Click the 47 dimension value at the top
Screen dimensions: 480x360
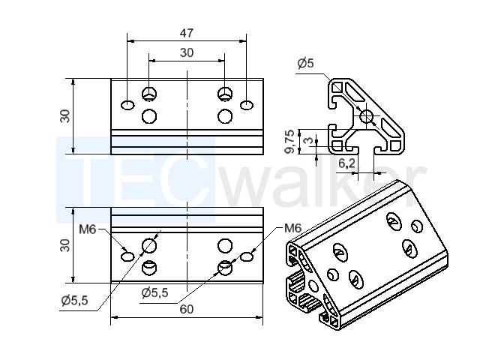pyautogui.click(x=187, y=33)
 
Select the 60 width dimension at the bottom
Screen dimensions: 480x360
pyautogui.click(x=187, y=310)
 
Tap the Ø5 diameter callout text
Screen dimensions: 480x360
pyautogui.click(x=305, y=63)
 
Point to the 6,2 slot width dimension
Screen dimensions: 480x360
pyautogui.click(x=346, y=163)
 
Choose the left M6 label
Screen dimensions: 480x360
pyautogui.click(x=88, y=229)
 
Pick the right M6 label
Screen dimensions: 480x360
pyautogui.click(x=293, y=228)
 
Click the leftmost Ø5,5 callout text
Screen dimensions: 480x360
pyautogui.click(x=74, y=301)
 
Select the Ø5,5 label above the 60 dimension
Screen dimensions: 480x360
pyautogui.click(x=155, y=293)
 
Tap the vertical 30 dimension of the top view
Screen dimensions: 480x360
pyautogui.click(x=64, y=116)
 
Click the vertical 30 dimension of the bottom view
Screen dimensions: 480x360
pyautogui.click(x=64, y=245)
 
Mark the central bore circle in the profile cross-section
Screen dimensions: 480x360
pyautogui.click(x=366, y=116)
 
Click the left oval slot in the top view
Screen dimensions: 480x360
pyautogui.click(x=127, y=105)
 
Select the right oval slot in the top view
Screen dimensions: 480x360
pyautogui.click(x=247, y=105)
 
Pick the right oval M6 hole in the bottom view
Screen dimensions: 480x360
pyautogui.click(x=247, y=256)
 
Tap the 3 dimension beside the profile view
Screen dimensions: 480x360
pyautogui.click(x=309, y=140)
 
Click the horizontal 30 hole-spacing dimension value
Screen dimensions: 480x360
pyautogui.click(x=187, y=52)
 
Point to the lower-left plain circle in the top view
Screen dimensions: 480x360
pyautogui.click(x=149, y=116)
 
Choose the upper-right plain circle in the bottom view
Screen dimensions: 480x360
pyautogui.click(x=225, y=245)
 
